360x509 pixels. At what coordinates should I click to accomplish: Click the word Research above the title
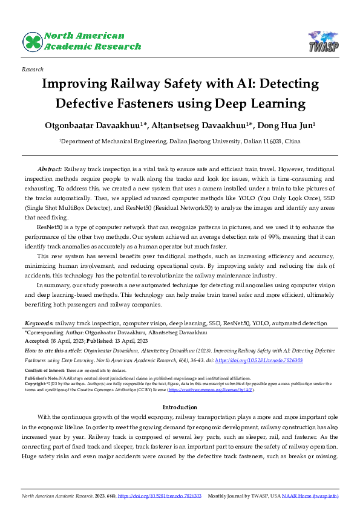(x=32, y=70)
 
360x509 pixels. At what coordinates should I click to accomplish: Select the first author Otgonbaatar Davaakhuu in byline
(x=101, y=126)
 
